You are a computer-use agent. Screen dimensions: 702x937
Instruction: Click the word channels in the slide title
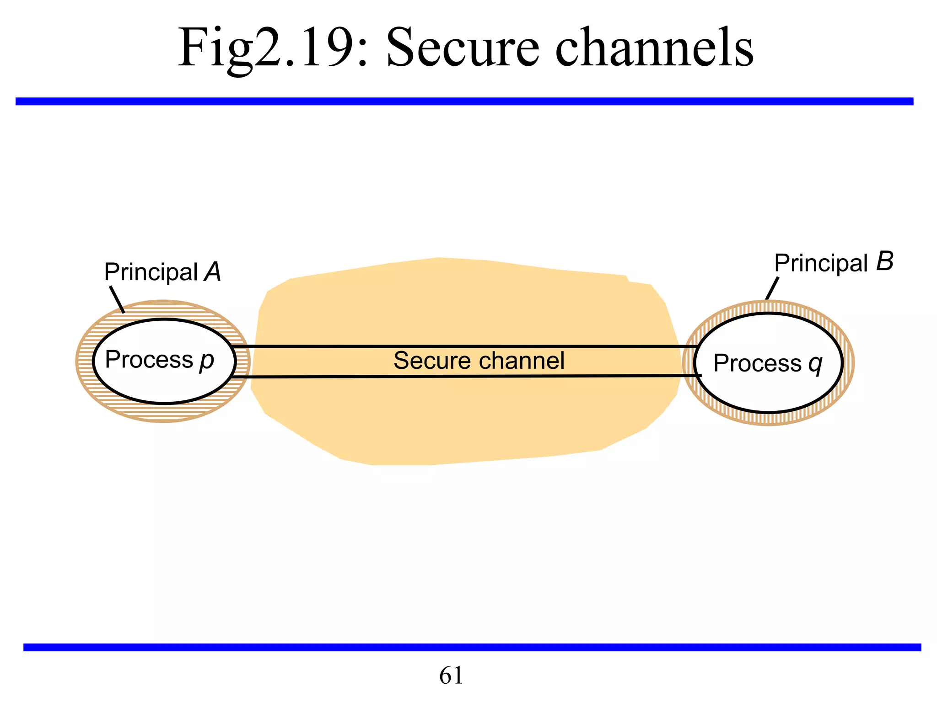click(x=654, y=48)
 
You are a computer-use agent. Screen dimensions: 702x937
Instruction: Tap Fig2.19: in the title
click(x=273, y=48)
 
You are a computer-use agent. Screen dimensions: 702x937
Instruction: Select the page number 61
click(x=451, y=675)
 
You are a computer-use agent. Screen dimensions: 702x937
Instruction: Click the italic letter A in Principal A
click(x=213, y=272)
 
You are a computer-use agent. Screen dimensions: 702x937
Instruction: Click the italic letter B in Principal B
click(x=884, y=262)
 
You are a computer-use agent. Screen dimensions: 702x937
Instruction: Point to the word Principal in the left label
click(x=151, y=272)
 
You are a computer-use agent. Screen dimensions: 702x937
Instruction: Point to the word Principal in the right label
click(x=821, y=263)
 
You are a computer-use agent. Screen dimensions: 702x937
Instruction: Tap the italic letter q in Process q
click(x=815, y=364)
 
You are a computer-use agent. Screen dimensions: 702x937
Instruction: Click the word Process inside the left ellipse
click(x=149, y=359)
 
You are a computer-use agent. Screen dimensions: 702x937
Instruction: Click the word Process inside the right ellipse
click(x=757, y=363)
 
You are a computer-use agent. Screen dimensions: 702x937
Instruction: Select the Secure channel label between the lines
click(x=479, y=361)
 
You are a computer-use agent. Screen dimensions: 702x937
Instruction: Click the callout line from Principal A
click(x=117, y=299)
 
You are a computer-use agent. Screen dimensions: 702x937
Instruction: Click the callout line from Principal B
click(x=772, y=288)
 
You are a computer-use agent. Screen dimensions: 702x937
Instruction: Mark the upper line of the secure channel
click(x=458, y=346)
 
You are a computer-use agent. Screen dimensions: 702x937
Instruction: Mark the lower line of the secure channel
click(x=458, y=377)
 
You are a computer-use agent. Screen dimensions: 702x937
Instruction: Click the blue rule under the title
click(x=464, y=101)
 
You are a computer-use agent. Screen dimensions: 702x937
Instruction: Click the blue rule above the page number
click(x=471, y=647)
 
